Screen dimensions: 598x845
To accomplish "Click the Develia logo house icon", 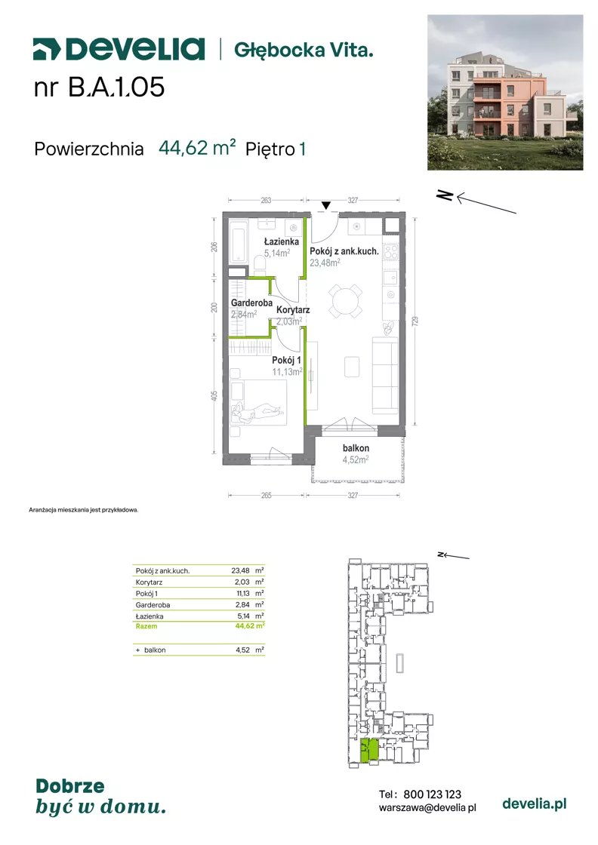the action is (46, 49).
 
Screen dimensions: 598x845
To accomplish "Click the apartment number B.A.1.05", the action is (116, 88).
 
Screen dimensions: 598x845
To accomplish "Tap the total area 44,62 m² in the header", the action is (197, 148).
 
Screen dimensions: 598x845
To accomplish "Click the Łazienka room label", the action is (281, 242).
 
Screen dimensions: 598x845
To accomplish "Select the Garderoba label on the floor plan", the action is (251, 303).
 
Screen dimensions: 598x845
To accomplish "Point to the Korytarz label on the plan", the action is (293, 310).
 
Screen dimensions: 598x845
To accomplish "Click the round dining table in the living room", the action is (346, 301).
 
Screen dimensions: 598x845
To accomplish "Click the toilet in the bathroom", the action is (260, 263).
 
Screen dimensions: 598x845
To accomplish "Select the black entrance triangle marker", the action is (325, 205).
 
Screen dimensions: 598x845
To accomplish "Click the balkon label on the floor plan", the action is (356, 448).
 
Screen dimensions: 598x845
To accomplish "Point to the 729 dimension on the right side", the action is (415, 321).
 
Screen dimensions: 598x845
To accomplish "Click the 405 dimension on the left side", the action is (214, 396).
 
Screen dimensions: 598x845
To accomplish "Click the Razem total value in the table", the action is (250, 625).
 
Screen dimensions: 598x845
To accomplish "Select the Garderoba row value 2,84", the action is (242, 604).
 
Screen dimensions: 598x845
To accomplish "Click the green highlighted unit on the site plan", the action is (368, 750).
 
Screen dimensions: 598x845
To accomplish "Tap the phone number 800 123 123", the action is (433, 794).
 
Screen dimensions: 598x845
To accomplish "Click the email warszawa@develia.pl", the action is (427, 808).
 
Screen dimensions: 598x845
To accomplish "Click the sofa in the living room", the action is (386, 375).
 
